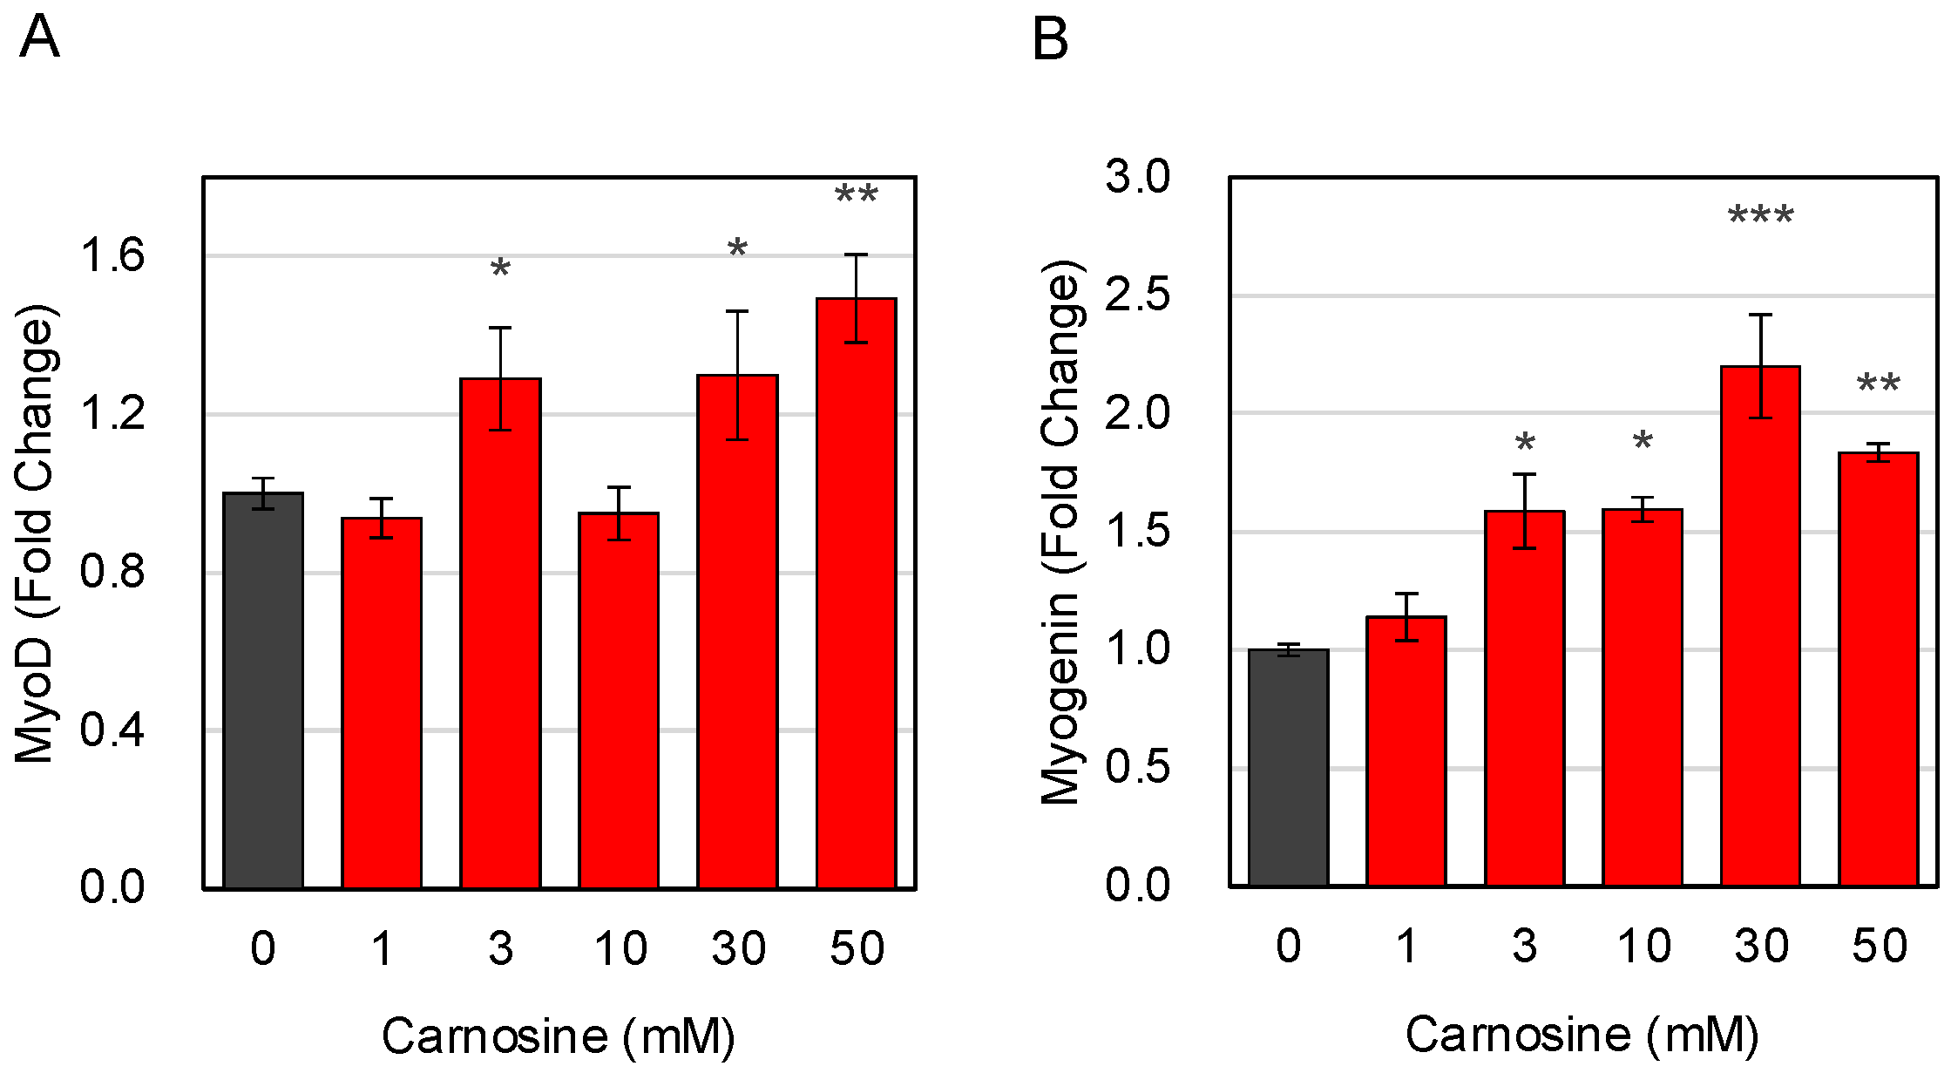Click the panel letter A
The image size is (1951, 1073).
[39, 38]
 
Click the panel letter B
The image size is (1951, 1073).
[1049, 40]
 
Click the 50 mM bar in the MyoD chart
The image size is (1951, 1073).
[856, 593]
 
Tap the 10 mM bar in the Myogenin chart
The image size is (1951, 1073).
[1642, 697]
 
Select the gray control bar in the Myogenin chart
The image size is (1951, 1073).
[1288, 767]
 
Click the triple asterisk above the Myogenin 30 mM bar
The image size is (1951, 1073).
[1760, 215]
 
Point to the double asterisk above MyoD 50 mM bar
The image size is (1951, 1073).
[856, 194]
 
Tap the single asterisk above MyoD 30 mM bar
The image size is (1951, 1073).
[737, 249]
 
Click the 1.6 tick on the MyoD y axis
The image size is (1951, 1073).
[112, 256]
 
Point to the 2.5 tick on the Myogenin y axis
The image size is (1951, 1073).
[1137, 295]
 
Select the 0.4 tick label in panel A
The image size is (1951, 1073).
[112, 730]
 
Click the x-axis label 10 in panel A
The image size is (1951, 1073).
[620, 948]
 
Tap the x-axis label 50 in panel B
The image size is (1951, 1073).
[1879, 947]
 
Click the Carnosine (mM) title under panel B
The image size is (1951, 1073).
[1582, 1035]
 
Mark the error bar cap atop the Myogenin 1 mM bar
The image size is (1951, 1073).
[1406, 594]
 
